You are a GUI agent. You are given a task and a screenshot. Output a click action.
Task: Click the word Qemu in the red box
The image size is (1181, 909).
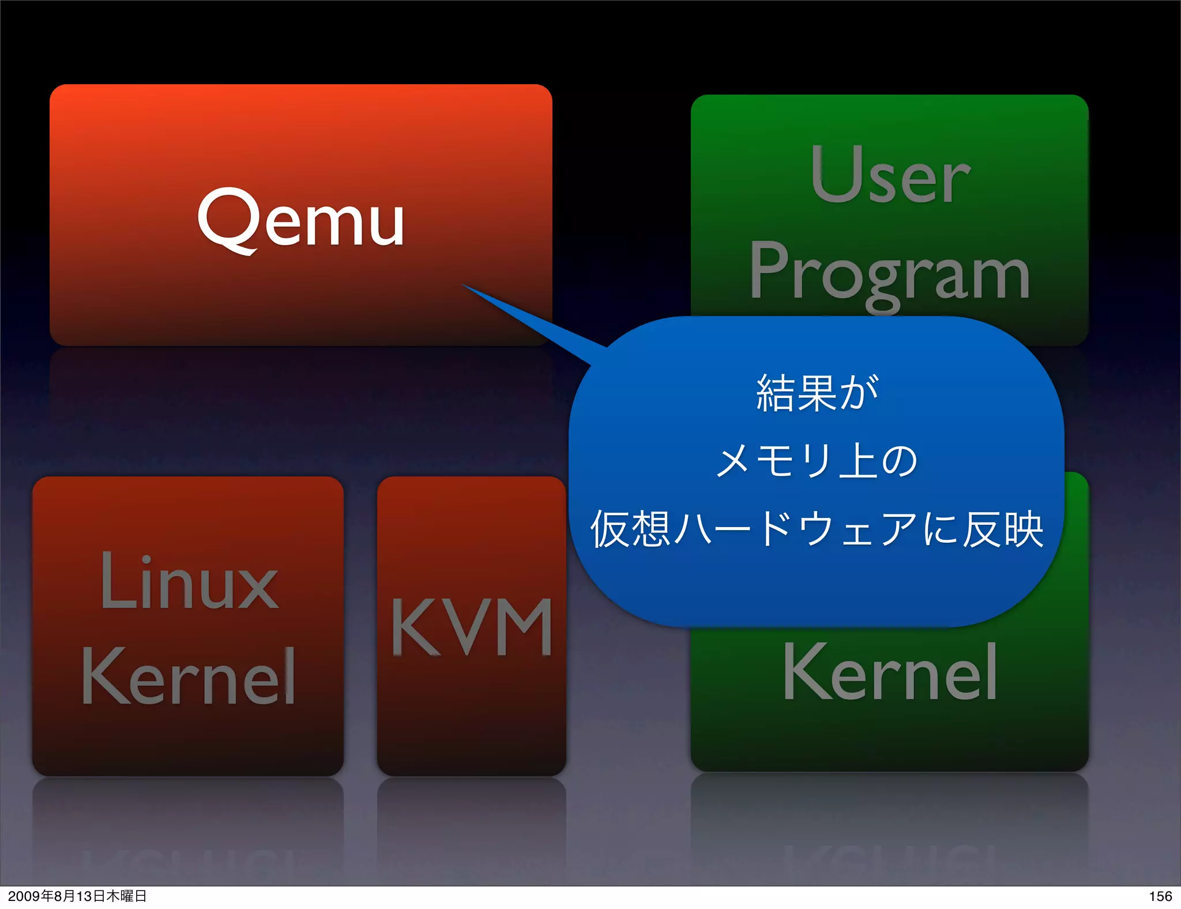pyautogui.click(x=300, y=221)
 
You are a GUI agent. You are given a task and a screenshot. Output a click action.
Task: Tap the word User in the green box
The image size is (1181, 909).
pyautogui.click(x=890, y=175)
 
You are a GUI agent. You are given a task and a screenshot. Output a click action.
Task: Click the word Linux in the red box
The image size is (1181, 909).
pyautogui.click(x=189, y=581)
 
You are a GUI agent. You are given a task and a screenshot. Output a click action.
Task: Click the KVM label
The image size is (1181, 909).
pyautogui.click(x=472, y=627)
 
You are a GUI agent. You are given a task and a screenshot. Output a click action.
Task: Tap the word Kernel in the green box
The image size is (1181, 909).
pyautogui.click(x=890, y=673)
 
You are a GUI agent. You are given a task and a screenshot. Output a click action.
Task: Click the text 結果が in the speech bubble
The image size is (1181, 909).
pyautogui.click(x=817, y=393)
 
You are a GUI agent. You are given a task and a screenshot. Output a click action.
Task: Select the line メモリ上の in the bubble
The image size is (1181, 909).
pyautogui.click(x=816, y=461)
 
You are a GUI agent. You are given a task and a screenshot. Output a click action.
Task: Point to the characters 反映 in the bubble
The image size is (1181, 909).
pyautogui.click(x=1003, y=529)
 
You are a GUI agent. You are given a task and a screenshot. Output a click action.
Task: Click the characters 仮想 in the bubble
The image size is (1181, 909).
pyautogui.click(x=630, y=529)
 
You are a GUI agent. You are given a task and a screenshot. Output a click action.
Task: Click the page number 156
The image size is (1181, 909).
pyautogui.click(x=1160, y=896)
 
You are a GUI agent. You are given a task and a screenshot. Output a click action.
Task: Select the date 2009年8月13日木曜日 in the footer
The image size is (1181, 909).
pyautogui.click(x=77, y=896)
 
